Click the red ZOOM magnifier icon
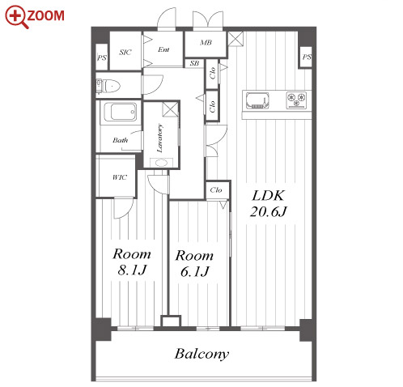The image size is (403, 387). (17, 17)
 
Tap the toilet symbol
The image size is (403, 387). (108, 86)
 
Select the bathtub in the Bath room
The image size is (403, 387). (120, 112)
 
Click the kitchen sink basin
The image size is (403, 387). (257, 100)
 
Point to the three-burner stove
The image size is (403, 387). (296, 100)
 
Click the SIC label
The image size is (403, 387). (125, 52)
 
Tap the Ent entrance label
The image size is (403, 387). (163, 49)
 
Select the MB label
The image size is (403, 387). (206, 42)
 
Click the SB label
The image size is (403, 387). (194, 63)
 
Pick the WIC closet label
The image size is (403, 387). (120, 177)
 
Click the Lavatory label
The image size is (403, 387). (160, 138)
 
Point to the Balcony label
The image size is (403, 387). (201, 354)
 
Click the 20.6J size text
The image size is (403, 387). (269, 211)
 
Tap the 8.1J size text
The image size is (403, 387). (132, 270)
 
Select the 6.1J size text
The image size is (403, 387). (195, 271)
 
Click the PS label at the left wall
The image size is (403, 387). (102, 57)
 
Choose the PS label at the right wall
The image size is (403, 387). (307, 57)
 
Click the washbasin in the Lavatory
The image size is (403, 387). (161, 163)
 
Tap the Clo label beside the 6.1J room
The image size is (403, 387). (216, 190)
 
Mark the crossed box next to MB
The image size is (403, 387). (235, 39)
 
